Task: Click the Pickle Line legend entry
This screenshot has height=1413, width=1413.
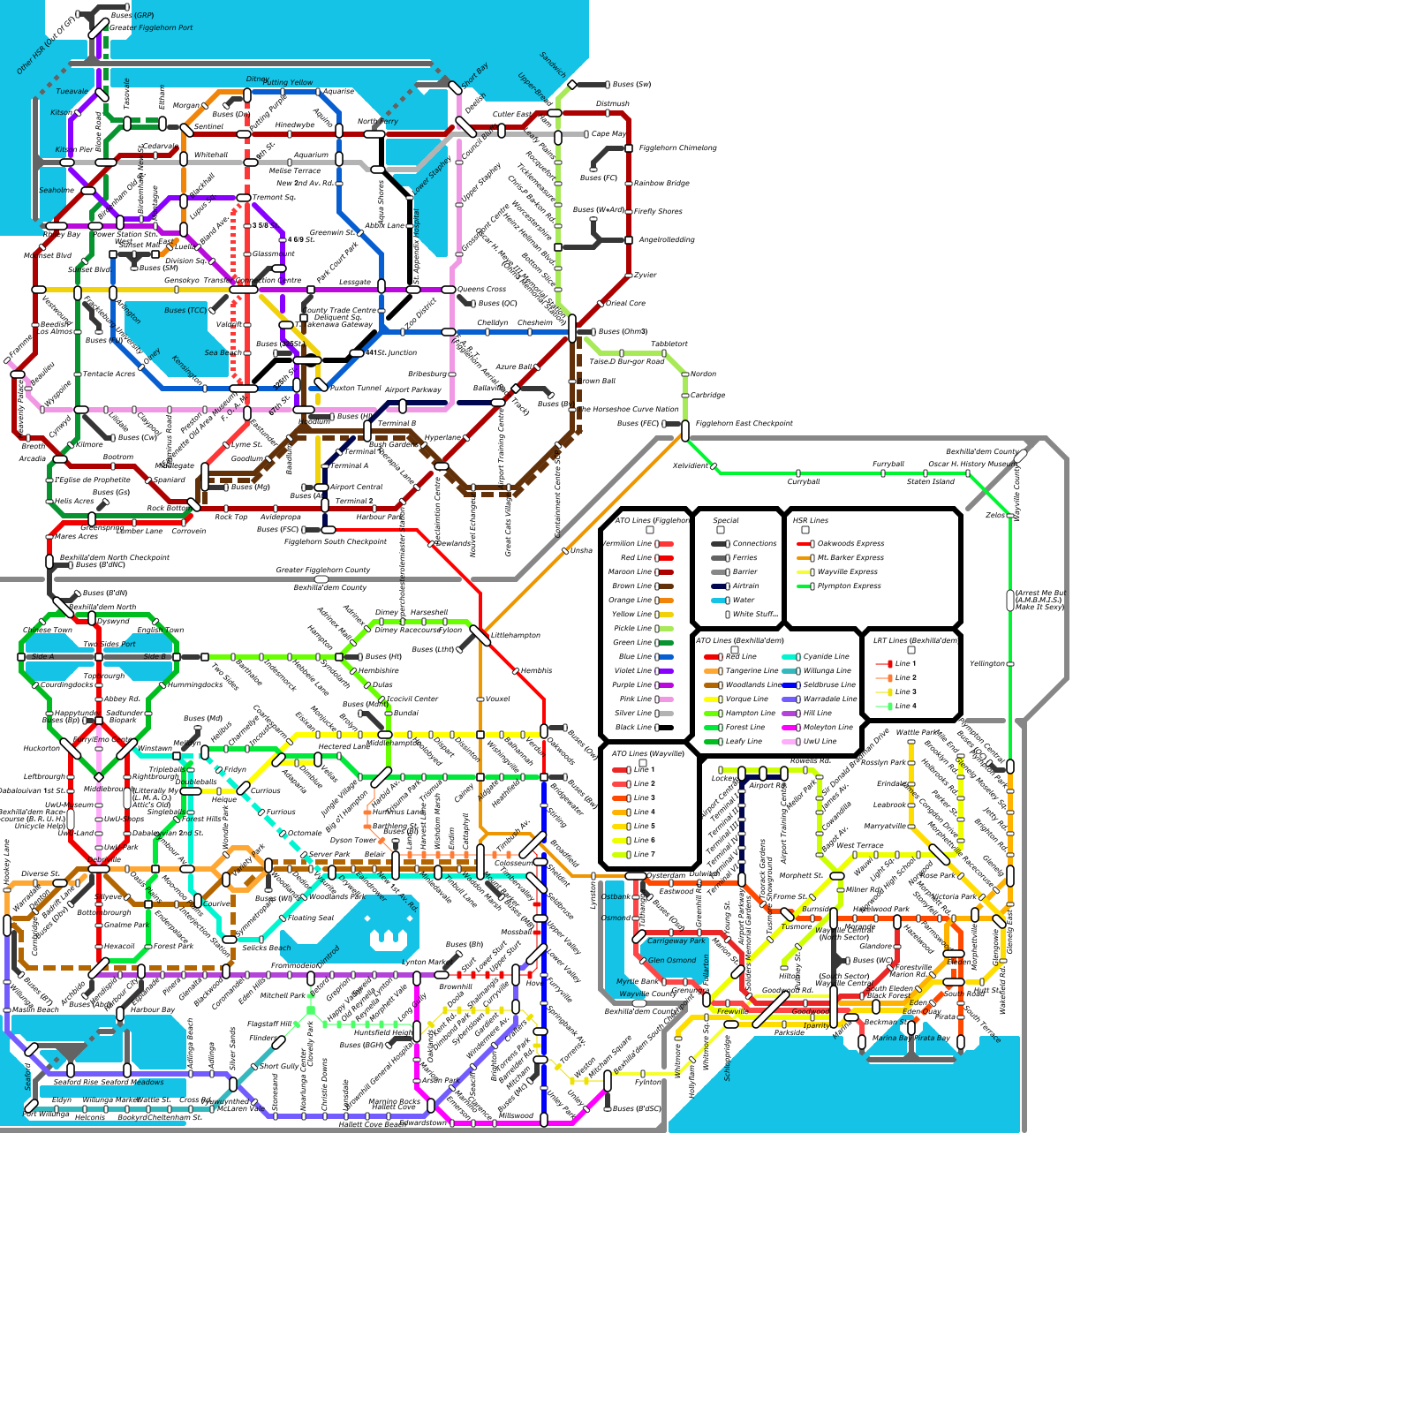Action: pyautogui.click(x=634, y=629)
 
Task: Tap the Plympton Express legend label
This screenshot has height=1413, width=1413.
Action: pyautogui.click(x=849, y=586)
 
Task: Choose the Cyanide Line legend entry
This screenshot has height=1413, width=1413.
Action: pyautogui.click(x=826, y=657)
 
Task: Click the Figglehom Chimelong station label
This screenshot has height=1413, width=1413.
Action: pyautogui.click(x=677, y=148)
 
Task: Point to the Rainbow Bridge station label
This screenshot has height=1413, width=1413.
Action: pyautogui.click(x=661, y=184)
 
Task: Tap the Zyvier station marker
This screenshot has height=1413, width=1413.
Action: pyautogui.click(x=629, y=276)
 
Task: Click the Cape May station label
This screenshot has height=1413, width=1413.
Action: pyautogui.click(x=608, y=134)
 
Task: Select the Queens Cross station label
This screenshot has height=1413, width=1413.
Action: pyautogui.click(x=481, y=290)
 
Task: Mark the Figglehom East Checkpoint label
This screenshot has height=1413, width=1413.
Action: pyautogui.click(x=744, y=424)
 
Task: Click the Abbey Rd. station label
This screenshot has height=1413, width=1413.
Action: pyautogui.click(x=122, y=699)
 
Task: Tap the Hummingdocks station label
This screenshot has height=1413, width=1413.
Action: pyautogui.click(x=195, y=685)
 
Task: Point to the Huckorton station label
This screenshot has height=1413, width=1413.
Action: pyautogui.click(x=42, y=749)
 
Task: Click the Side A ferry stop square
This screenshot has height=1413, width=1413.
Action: pyautogui.click(x=21, y=657)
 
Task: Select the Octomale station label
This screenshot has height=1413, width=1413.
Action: pyautogui.click(x=305, y=834)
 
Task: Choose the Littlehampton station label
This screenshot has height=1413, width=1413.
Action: pyautogui.click(x=515, y=636)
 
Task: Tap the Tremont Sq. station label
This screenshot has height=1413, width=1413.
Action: pyautogui.click(x=274, y=198)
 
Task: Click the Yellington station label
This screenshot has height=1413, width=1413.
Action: pyautogui.click(x=987, y=664)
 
